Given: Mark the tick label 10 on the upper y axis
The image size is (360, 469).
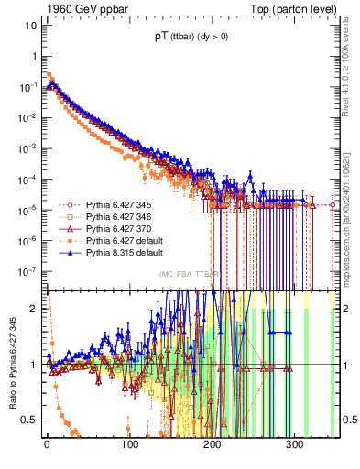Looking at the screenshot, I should [x=28, y=25].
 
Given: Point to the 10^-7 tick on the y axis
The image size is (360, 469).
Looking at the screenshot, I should [x=27, y=272].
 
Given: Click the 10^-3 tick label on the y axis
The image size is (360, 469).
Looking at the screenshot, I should [x=27, y=148].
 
